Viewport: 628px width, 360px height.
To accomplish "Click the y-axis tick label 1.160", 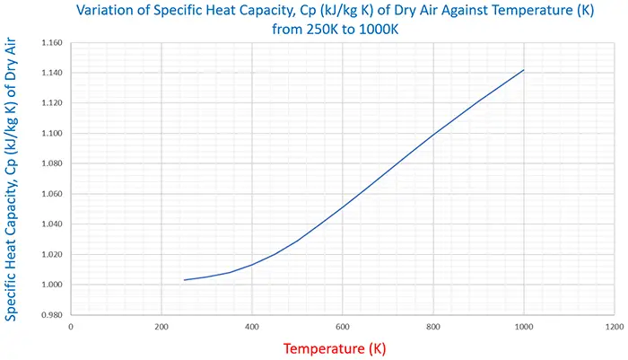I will tap(50, 43).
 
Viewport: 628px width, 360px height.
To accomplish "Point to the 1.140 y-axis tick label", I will tap(50, 73).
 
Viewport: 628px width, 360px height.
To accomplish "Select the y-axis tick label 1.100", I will tap(50, 134).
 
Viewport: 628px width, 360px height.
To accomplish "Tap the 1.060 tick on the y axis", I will tap(50, 194).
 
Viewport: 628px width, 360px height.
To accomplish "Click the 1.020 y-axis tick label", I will tap(50, 255).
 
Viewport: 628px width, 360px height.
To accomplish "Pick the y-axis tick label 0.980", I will tap(50, 315).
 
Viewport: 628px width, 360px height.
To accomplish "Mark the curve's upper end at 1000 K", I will tap(523, 70).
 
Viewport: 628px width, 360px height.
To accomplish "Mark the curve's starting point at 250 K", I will tap(184, 280).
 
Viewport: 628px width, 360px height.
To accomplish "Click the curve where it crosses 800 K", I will tap(433, 136).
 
